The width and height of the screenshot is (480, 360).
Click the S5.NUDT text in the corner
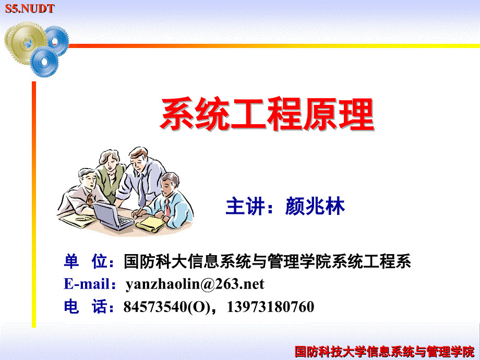click(x=30, y=8)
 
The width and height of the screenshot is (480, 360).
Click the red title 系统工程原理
click(x=267, y=114)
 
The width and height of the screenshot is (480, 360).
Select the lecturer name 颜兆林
click(x=315, y=207)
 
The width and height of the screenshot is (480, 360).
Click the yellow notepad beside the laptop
click(x=151, y=224)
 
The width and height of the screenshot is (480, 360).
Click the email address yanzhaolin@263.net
click(x=195, y=284)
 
